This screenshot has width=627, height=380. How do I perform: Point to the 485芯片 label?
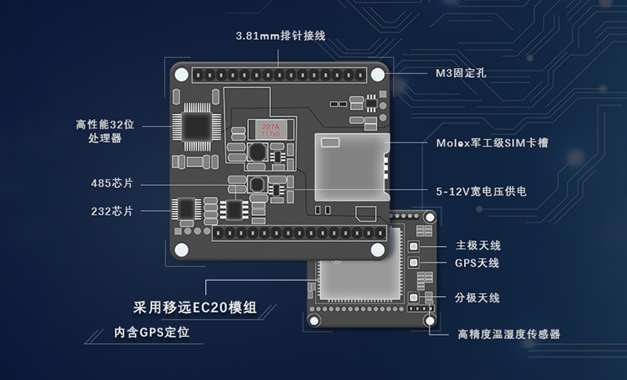112,183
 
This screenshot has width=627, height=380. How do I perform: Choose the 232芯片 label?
112,211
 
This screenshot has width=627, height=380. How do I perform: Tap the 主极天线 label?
477,245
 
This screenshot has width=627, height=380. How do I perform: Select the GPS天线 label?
477,263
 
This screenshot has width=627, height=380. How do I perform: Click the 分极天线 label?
477,298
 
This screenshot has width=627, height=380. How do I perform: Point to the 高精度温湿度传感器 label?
509,335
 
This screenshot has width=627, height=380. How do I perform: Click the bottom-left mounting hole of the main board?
182,250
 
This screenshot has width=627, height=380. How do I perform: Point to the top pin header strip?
281,74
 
